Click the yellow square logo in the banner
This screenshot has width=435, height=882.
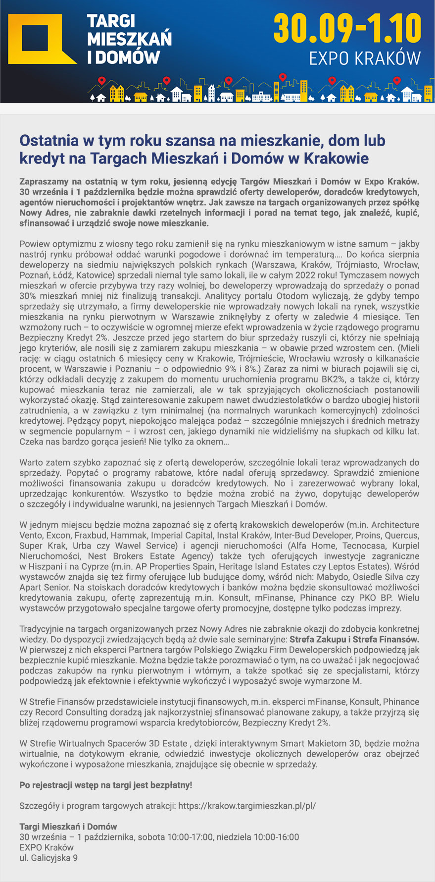[36, 39]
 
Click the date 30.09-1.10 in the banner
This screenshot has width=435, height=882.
[347, 28]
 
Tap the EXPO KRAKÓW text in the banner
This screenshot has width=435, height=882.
[364, 58]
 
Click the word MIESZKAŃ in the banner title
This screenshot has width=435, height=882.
[129, 39]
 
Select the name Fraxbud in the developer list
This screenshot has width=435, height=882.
[91, 535]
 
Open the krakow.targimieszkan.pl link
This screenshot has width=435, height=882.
[246, 806]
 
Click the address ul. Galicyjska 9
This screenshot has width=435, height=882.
[48, 858]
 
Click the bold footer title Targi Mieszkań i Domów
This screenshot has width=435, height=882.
[68, 827]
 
